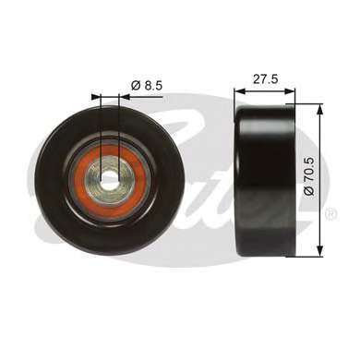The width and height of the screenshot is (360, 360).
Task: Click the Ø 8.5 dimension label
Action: [147, 86]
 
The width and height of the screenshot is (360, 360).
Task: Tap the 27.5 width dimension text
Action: [265, 79]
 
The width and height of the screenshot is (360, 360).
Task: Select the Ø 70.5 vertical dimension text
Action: [309, 176]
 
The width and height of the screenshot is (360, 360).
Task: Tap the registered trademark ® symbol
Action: [331, 213]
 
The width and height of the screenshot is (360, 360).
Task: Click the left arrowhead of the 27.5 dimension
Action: [239, 90]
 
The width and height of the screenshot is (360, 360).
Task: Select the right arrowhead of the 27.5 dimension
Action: [290, 90]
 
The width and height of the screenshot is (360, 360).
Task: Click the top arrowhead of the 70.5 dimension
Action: [320, 109]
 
